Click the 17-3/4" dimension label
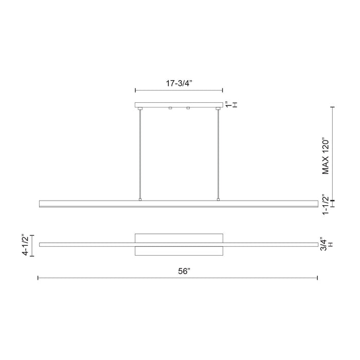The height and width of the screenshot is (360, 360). (x=178, y=82)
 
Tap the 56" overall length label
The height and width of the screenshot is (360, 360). (x=178, y=271)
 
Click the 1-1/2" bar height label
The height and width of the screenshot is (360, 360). (x=325, y=204)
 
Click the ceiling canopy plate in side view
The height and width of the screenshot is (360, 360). (x=178, y=105)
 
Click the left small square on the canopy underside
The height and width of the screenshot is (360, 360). (x=170, y=108)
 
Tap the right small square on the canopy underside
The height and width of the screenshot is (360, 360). (x=188, y=108)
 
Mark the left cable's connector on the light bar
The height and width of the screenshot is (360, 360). (x=140, y=199)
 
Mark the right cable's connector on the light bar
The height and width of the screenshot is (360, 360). (x=218, y=199)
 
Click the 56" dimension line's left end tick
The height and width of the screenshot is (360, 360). (x=38, y=278)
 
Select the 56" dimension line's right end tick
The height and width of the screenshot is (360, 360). (x=317, y=278)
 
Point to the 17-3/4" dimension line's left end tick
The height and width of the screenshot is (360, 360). (x=135, y=91)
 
